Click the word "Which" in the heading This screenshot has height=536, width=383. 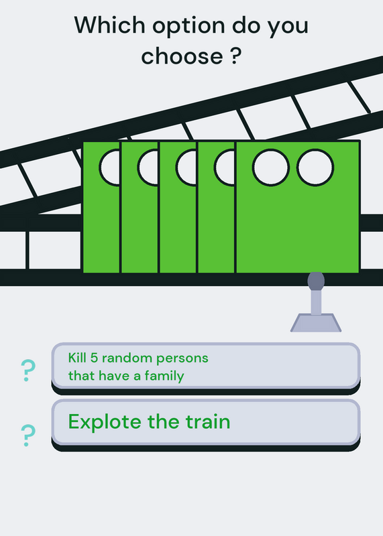109,25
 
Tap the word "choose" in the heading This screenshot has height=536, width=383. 182,56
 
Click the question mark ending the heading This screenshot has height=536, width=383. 235,56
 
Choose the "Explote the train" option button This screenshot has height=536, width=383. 206,425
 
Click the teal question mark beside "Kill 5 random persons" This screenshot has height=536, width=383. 28,371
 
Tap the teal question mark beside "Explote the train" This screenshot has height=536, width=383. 28,435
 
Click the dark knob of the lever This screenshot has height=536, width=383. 316,281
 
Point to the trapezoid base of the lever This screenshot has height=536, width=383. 315,323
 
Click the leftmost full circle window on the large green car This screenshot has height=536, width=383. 271,167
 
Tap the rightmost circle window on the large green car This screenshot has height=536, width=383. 315,167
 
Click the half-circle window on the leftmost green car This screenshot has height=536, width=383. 109,167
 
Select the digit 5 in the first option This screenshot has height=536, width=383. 94,358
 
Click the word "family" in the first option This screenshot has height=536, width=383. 164,377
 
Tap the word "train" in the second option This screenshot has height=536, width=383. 208,421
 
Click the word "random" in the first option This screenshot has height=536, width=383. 127,358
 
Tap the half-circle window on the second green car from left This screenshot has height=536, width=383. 148,167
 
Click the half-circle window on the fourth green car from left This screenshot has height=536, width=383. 225,167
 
